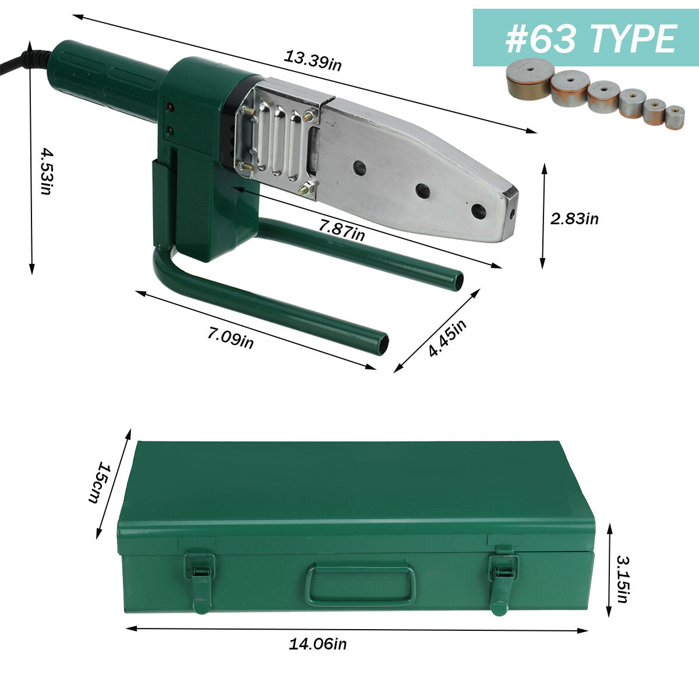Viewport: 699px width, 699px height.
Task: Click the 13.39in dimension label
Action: click(312, 61)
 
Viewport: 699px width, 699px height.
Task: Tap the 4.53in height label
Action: click(47, 171)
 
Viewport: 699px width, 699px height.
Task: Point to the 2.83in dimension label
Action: click(574, 219)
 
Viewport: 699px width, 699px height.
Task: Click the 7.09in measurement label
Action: click(230, 338)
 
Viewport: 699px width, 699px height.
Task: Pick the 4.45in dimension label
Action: click(447, 338)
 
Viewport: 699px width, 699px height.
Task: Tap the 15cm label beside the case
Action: click(99, 482)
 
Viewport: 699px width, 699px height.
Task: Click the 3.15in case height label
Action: click(623, 584)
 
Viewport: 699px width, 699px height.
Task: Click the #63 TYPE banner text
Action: click(591, 38)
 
